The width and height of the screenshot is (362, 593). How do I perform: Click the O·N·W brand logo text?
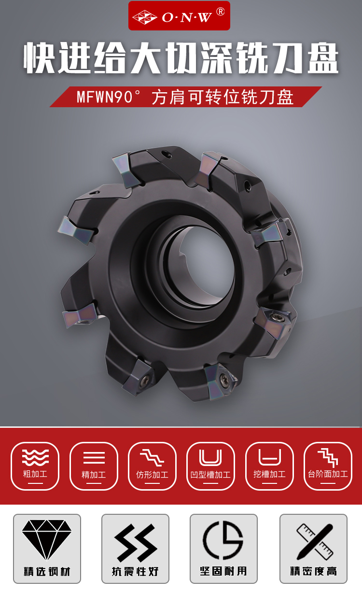tap(187, 17)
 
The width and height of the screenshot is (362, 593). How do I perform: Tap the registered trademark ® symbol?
tap(220, 12)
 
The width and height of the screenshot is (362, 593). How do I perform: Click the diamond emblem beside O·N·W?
tap(144, 17)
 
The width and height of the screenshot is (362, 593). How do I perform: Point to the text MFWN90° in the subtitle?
tap(105, 97)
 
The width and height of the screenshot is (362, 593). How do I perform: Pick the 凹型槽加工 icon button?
tap(210, 466)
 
